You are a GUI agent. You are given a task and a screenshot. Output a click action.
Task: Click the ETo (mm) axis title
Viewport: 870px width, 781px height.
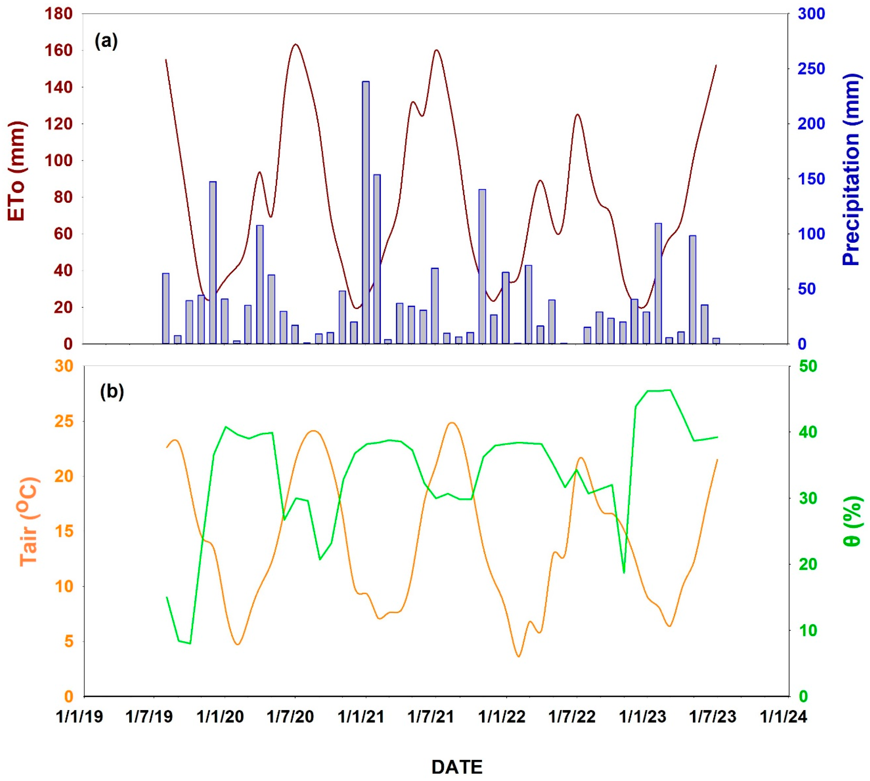point(18,172)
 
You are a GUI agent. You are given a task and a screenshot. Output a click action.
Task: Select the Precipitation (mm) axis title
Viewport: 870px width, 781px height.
point(851,169)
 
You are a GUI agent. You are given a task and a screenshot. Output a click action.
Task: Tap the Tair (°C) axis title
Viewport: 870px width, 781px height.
point(29,521)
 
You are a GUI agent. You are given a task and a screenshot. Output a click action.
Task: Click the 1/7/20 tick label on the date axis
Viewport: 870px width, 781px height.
point(290,716)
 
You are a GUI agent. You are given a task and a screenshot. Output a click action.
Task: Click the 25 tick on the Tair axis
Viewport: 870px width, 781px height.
point(64,422)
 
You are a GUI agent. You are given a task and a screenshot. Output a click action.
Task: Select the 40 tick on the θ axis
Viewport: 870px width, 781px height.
point(808,432)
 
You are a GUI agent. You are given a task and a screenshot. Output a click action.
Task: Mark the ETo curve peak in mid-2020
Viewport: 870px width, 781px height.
point(295,44)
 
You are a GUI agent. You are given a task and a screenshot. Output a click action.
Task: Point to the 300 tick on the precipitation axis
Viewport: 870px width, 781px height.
point(811,14)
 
